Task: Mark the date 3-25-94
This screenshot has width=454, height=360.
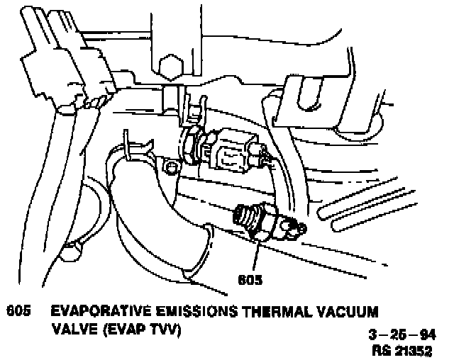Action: coord(407,335)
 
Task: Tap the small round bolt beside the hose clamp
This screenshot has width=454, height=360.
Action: coord(169,167)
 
